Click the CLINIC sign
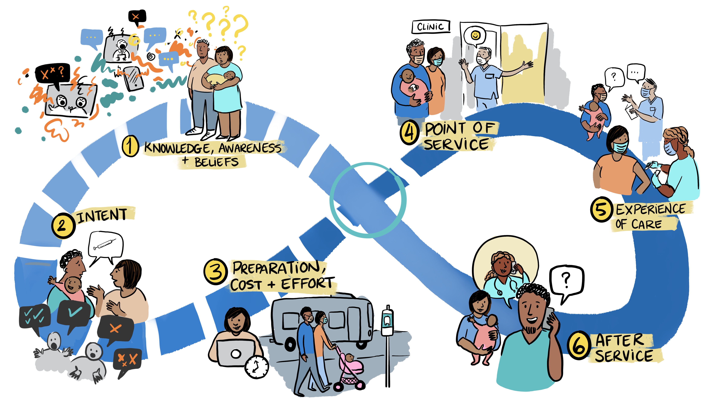pos(431,27)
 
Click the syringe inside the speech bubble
pos(105,244)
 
